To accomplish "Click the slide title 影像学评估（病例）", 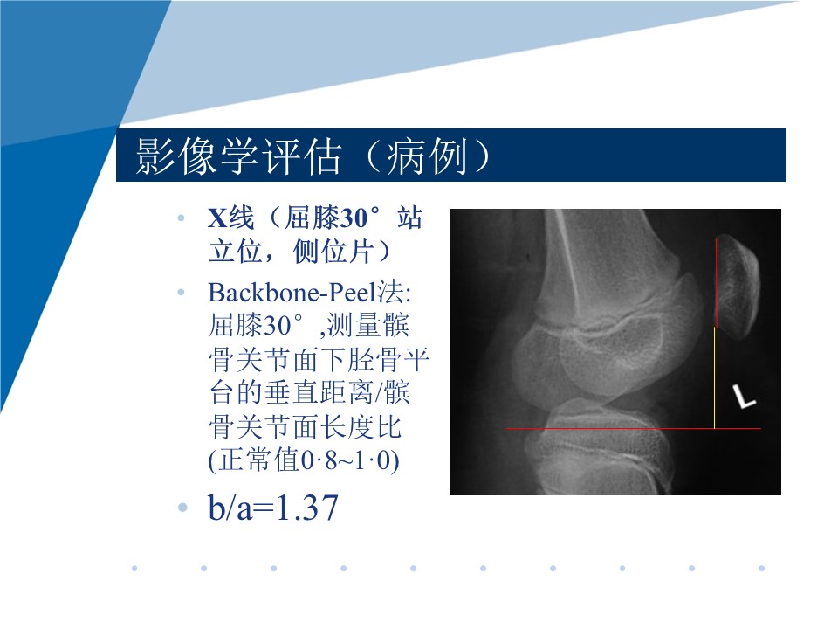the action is pyautogui.click(x=313, y=156).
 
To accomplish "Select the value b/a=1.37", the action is pyautogui.click(x=273, y=508).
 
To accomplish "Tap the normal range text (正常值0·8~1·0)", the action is pyautogui.click(x=304, y=460).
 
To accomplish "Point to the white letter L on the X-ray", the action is pyautogui.click(x=744, y=397).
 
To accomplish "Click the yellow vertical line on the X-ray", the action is pyautogui.click(x=715, y=377).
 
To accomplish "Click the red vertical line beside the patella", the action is pyautogui.click(x=716, y=282).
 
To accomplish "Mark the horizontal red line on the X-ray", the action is pyautogui.click(x=634, y=428).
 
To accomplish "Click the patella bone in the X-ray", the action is pyautogui.click(x=738, y=287).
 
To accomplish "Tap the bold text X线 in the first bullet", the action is pyautogui.click(x=230, y=218).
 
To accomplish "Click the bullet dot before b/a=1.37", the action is pyautogui.click(x=182, y=507).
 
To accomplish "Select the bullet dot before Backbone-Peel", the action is pyautogui.click(x=182, y=292).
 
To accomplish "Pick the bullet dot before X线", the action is pyautogui.click(x=182, y=218).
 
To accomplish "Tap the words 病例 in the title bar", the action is pyautogui.click(x=426, y=156).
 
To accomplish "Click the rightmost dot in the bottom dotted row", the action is pyautogui.click(x=761, y=568).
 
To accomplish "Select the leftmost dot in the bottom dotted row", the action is pyautogui.click(x=134, y=568).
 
